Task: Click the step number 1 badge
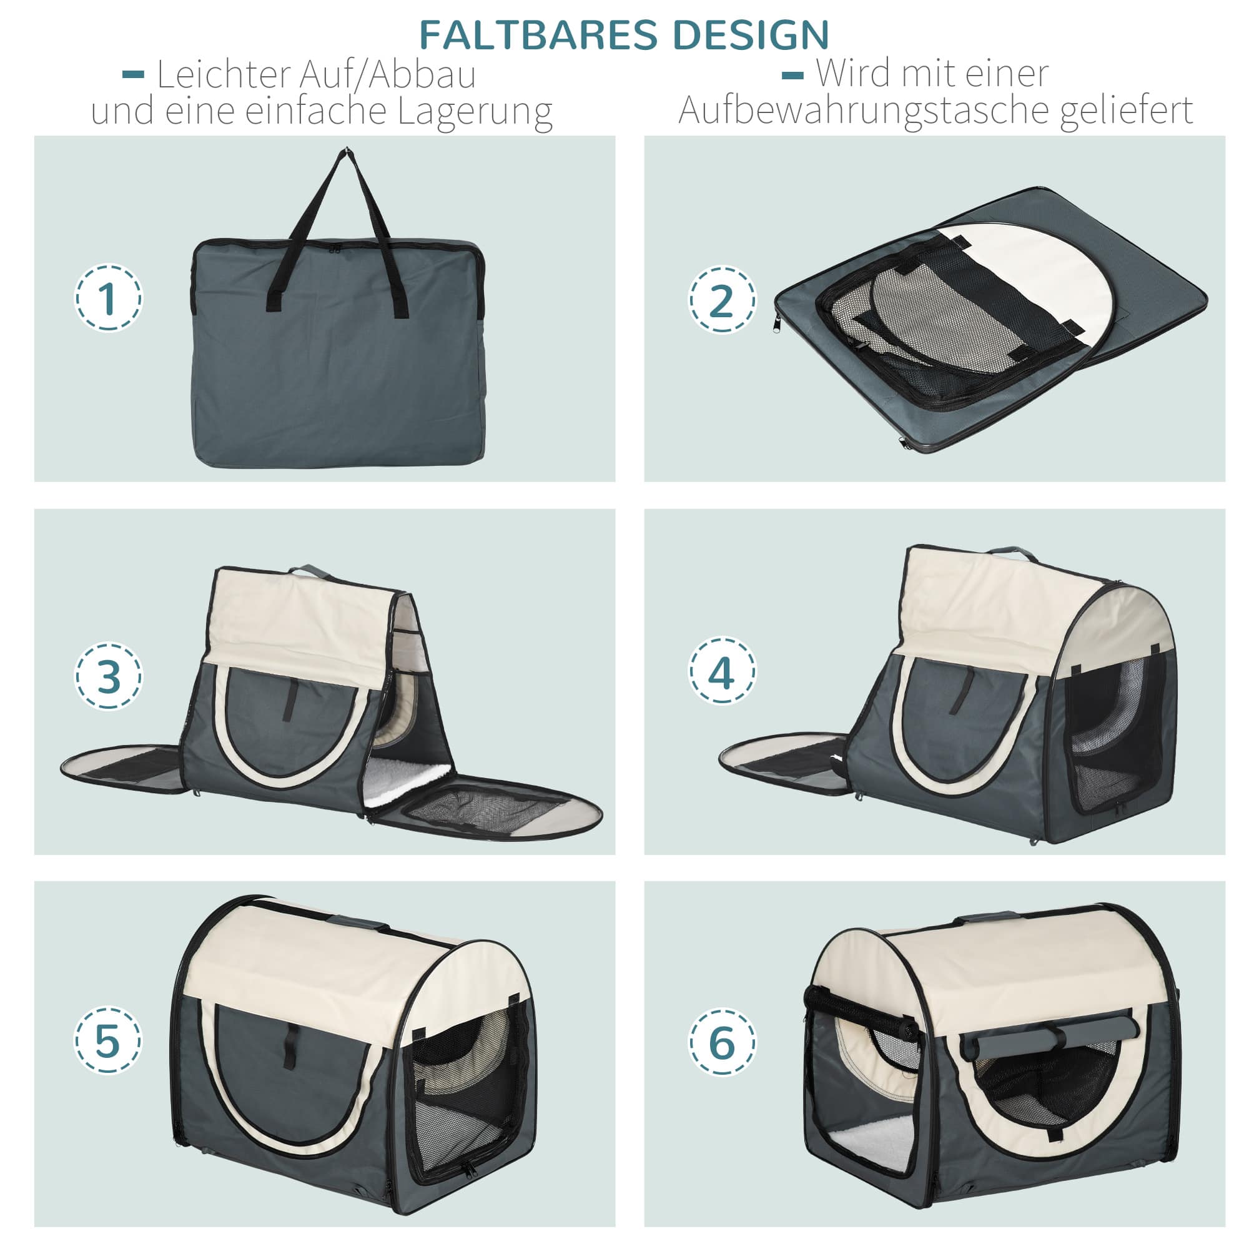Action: pyautogui.click(x=108, y=298)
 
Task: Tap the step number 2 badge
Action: pyautogui.click(x=721, y=299)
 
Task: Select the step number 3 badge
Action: pyautogui.click(x=108, y=676)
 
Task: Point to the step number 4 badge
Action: pyautogui.click(x=721, y=672)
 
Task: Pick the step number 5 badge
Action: pyautogui.click(x=108, y=1040)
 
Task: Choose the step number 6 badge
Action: pyautogui.click(x=721, y=1042)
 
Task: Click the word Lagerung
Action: pyautogui.click(x=475, y=111)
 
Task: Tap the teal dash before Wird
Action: pyautogui.click(x=792, y=76)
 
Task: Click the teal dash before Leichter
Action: pyautogui.click(x=133, y=76)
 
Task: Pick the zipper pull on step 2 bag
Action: pyautogui.click(x=776, y=323)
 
